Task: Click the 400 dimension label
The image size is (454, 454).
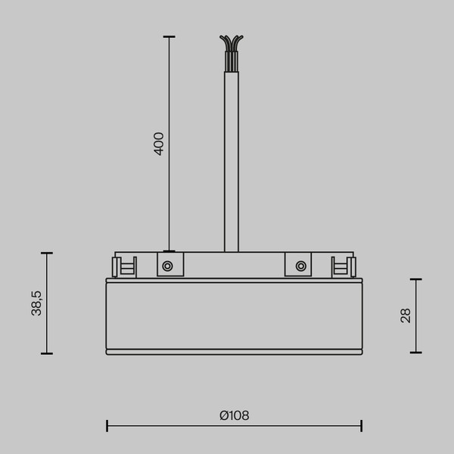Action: [x=159, y=144]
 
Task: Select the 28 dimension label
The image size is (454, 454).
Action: [x=406, y=316]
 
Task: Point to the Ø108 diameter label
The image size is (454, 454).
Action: [x=235, y=415]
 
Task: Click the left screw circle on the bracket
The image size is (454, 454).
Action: [x=168, y=266]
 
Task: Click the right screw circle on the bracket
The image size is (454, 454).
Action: [x=301, y=266]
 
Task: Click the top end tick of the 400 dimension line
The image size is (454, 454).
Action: [x=169, y=37]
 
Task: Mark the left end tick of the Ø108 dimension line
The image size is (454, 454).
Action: [x=107, y=426]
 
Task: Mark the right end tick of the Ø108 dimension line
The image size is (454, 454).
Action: [x=362, y=426]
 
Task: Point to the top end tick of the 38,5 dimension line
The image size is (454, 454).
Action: [x=47, y=253]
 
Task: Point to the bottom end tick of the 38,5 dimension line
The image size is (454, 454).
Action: [x=47, y=353]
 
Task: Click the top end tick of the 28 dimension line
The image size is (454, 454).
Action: [x=415, y=279]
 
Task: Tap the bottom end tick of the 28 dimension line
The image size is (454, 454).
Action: [x=415, y=352]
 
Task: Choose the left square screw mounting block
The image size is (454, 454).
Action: [x=170, y=265]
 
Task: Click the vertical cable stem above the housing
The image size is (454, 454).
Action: [x=232, y=159]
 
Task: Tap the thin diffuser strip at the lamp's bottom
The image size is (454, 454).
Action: [x=235, y=352]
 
